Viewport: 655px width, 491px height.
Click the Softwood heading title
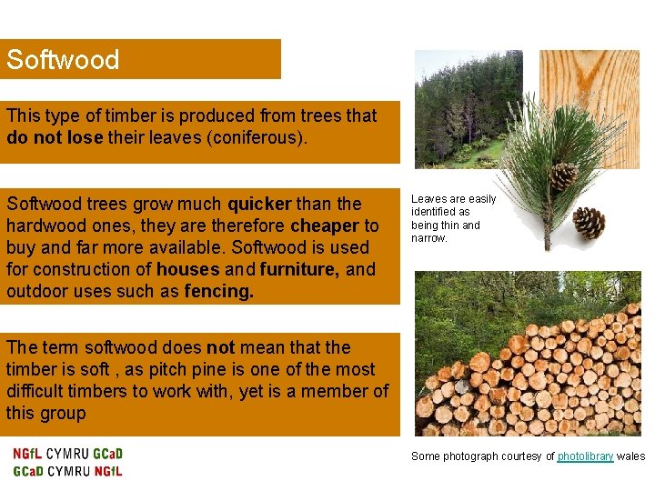tap(63, 60)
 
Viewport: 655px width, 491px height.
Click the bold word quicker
tap(259, 204)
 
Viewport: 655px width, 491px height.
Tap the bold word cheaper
tap(324, 225)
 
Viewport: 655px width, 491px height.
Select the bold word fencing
tap(217, 291)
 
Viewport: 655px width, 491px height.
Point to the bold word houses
tap(186, 269)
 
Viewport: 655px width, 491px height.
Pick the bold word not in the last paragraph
tap(220, 347)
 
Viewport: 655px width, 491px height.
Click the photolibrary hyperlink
tap(585, 456)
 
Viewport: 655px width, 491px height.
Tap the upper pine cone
tap(563, 175)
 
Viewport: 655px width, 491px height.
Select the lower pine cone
tap(589, 222)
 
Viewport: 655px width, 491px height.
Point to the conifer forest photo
tap(459, 105)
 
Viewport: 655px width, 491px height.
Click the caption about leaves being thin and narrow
tap(453, 218)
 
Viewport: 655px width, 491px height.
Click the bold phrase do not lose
tap(54, 137)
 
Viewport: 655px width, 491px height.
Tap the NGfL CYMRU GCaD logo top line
tap(68, 454)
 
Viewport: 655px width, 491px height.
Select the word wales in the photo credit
tap(630, 456)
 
